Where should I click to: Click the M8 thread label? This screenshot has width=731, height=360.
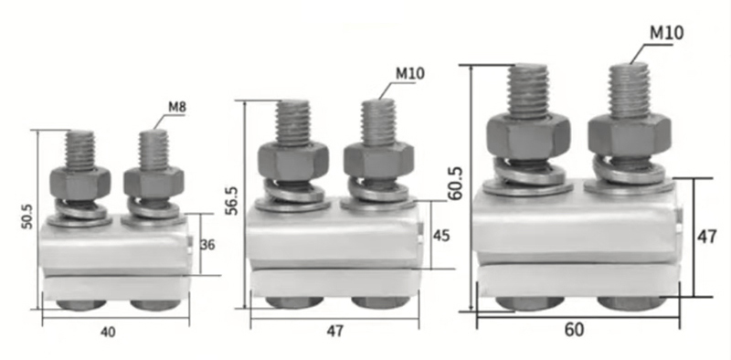(177, 107)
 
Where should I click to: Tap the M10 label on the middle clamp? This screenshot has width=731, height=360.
(410, 73)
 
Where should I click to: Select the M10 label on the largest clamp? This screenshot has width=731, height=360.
(667, 33)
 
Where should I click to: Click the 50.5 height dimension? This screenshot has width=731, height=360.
(27, 216)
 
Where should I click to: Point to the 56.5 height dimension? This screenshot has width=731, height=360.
(231, 201)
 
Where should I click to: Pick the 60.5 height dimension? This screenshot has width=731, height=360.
(455, 184)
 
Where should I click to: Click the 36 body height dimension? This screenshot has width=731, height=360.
(207, 244)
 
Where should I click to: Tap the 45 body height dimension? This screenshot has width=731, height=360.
(441, 236)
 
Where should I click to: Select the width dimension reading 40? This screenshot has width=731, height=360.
(108, 332)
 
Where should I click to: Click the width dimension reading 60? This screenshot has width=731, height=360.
(574, 330)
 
